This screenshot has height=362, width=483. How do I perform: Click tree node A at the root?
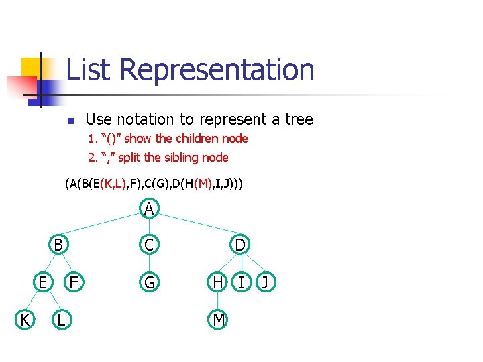[x=150, y=210]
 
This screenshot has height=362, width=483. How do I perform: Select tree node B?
[x=59, y=245]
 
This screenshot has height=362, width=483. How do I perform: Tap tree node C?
[x=150, y=245]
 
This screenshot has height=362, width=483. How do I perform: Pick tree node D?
[x=239, y=245]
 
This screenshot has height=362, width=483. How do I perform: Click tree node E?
[x=42, y=283]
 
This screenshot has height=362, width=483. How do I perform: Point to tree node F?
[x=76, y=283]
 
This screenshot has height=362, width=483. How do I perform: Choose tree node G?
[x=150, y=283]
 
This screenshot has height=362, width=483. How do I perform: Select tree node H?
[x=218, y=283]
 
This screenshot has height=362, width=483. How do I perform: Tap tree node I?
[x=241, y=283]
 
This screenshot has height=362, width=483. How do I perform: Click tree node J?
[x=264, y=283]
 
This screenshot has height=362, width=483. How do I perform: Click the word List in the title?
[x=91, y=70]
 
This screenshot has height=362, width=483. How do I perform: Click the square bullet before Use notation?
[x=69, y=121]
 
